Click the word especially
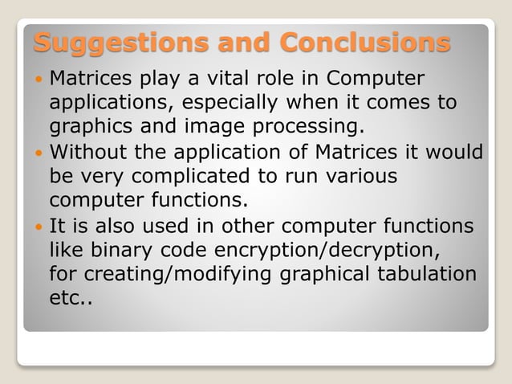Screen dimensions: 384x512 [234, 104]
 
